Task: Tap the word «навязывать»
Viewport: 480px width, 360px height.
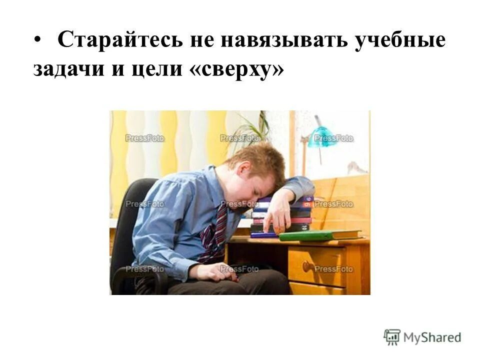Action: tap(273, 40)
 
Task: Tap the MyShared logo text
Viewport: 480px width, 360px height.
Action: tap(432, 337)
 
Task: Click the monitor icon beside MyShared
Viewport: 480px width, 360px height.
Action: tap(392, 336)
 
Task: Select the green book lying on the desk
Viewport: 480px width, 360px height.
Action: tap(320, 235)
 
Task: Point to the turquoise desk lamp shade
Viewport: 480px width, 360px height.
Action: tap(322, 136)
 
